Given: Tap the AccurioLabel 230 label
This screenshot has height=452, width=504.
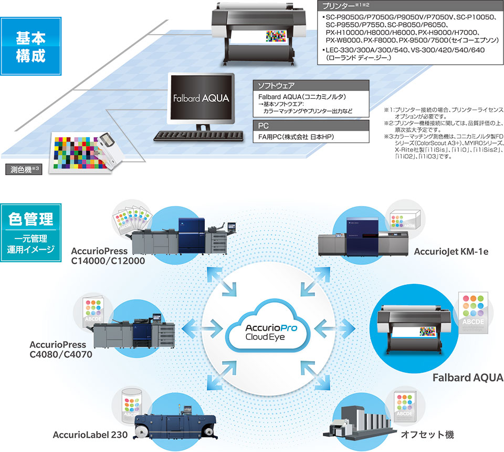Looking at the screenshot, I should point(87,435).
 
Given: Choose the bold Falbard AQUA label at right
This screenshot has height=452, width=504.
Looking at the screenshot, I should point(468,377).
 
